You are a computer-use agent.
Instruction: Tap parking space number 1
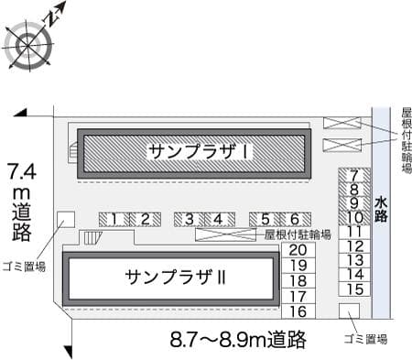pyautogui.click(x=113, y=218)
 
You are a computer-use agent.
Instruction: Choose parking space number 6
pyautogui.click(x=295, y=218)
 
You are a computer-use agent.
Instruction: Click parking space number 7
pyautogui.click(x=355, y=176)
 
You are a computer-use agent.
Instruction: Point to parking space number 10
pyautogui.click(x=355, y=217)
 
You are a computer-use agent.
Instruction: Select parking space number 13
pyautogui.click(x=357, y=260)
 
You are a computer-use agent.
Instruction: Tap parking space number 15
pyautogui.click(x=357, y=288)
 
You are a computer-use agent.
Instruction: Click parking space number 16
pyautogui.click(x=297, y=311)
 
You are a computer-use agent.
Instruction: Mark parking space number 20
pyautogui.click(x=297, y=250)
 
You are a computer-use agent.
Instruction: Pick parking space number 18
pyautogui.click(x=297, y=280)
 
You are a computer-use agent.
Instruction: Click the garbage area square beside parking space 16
pyautogui.click(x=348, y=311)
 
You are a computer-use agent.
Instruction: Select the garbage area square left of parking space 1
pyautogui.click(x=67, y=219)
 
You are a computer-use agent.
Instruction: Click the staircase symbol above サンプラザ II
pyautogui.click(x=92, y=238)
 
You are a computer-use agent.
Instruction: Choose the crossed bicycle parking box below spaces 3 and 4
pyautogui.click(x=223, y=235)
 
